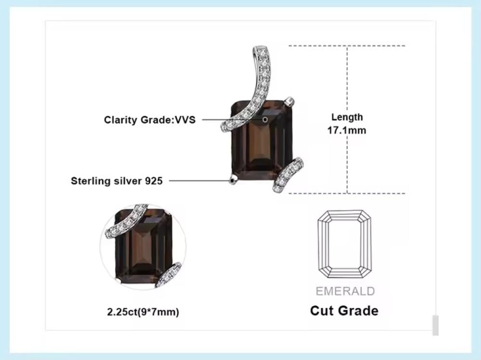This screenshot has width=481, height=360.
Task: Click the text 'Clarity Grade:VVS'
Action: click(150, 120)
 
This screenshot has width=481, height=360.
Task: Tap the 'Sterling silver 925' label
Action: click(117, 181)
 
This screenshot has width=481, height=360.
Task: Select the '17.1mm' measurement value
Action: click(347, 130)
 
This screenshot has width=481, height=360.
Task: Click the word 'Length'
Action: click(347, 117)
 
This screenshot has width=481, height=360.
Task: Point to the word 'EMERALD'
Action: click(345, 291)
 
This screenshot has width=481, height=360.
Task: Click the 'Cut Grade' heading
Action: click(344, 310)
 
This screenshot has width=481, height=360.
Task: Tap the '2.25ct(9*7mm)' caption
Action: click(143, 312)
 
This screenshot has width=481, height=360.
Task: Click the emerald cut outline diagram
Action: click(344, 244)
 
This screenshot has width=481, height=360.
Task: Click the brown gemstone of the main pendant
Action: click(262, 144)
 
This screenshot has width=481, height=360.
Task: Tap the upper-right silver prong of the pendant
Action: click(290, 101)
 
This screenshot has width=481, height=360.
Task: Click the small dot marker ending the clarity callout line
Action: click(265, 119)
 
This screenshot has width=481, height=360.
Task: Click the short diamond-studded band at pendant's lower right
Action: click(288, 175)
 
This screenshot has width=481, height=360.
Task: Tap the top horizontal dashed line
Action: click(346, 46)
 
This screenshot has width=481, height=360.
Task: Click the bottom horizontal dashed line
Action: click(346, 194)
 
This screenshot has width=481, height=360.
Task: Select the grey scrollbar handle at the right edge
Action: click(435, 325)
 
